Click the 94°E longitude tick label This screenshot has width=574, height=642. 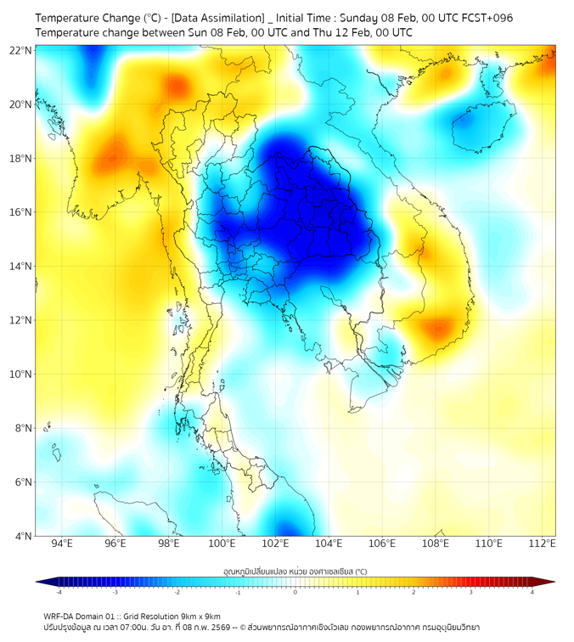[x=62, y=543]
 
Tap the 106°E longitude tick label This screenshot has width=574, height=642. [x=382, y=543]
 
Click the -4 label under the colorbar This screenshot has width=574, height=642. [x=58, y=592]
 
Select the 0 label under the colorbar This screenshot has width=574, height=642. [x=295, y=592]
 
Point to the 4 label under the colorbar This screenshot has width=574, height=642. [x=532, y=592]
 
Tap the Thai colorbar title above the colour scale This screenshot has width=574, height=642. [x=295, y=571]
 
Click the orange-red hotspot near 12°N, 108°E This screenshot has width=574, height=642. [x=438, y=328]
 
